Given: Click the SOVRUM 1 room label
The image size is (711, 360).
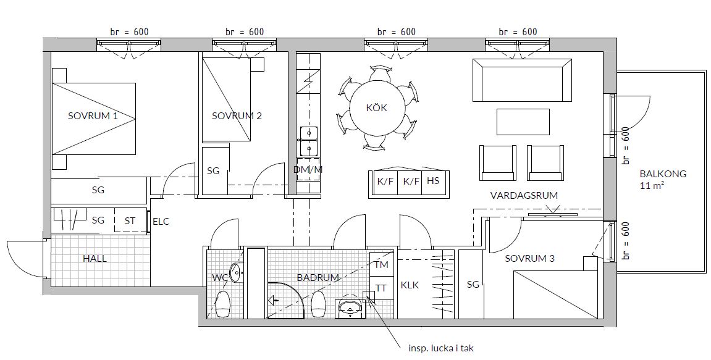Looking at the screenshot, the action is (x=93, y=115).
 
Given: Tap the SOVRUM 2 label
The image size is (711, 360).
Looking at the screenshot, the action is (x=237, y=115).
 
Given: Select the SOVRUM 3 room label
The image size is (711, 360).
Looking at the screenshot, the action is (x=529, y=259).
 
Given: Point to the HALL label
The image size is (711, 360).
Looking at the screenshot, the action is (x=95, y=259).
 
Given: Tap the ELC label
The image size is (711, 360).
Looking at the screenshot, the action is (x=161, y=222).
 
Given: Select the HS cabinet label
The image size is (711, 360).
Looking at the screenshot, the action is (x=433, y=180).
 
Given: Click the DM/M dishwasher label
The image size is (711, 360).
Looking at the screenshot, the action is (x=308, y=170).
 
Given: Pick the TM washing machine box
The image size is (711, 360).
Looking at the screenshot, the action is (x=381, y=264).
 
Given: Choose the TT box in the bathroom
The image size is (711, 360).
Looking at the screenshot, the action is (x=381, y=288).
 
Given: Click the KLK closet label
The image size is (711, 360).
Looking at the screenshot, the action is (x=410, y=285).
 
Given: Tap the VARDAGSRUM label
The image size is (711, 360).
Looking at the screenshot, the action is (x=524, y=195).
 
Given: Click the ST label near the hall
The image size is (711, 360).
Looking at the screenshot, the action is (x=130, y=221).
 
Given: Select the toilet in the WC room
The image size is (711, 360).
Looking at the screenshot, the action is (x=222, y=304).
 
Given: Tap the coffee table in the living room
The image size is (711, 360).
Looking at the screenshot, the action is (x=523, y=122).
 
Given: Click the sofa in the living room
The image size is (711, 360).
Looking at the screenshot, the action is (x=522, y=80).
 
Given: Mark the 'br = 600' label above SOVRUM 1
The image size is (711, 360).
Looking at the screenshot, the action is (x=129, y=31).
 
